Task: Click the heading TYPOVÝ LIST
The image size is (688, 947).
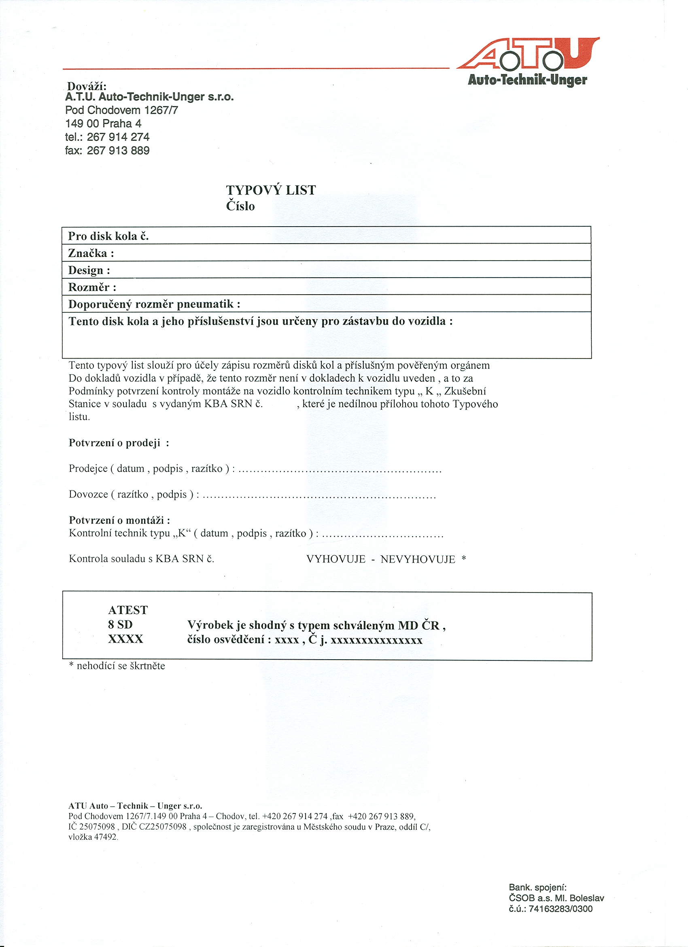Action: pos(270,190)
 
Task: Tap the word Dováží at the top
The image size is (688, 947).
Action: pos(87,87)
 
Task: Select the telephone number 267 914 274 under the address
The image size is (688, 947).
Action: pos(118,137)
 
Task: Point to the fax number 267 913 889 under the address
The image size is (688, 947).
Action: pos(118,150)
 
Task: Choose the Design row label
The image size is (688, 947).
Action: pos(89,270)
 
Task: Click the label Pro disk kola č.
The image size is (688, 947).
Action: pos(108,236)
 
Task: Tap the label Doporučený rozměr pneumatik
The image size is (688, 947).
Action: pos(154,304)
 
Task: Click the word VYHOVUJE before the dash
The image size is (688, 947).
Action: pos(336,559)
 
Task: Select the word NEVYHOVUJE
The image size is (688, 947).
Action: pos(418,559)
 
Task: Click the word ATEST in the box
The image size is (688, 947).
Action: pos(128,610)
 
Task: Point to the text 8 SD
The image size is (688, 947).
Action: pos(120,624)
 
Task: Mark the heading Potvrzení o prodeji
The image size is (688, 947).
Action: pos(119,443)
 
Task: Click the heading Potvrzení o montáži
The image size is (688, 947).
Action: pos(119,520)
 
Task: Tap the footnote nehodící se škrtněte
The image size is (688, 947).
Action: pos(121,666)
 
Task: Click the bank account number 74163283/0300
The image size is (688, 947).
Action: pos(560,909)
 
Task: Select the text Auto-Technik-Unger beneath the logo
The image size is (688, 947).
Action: pos(527,80)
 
